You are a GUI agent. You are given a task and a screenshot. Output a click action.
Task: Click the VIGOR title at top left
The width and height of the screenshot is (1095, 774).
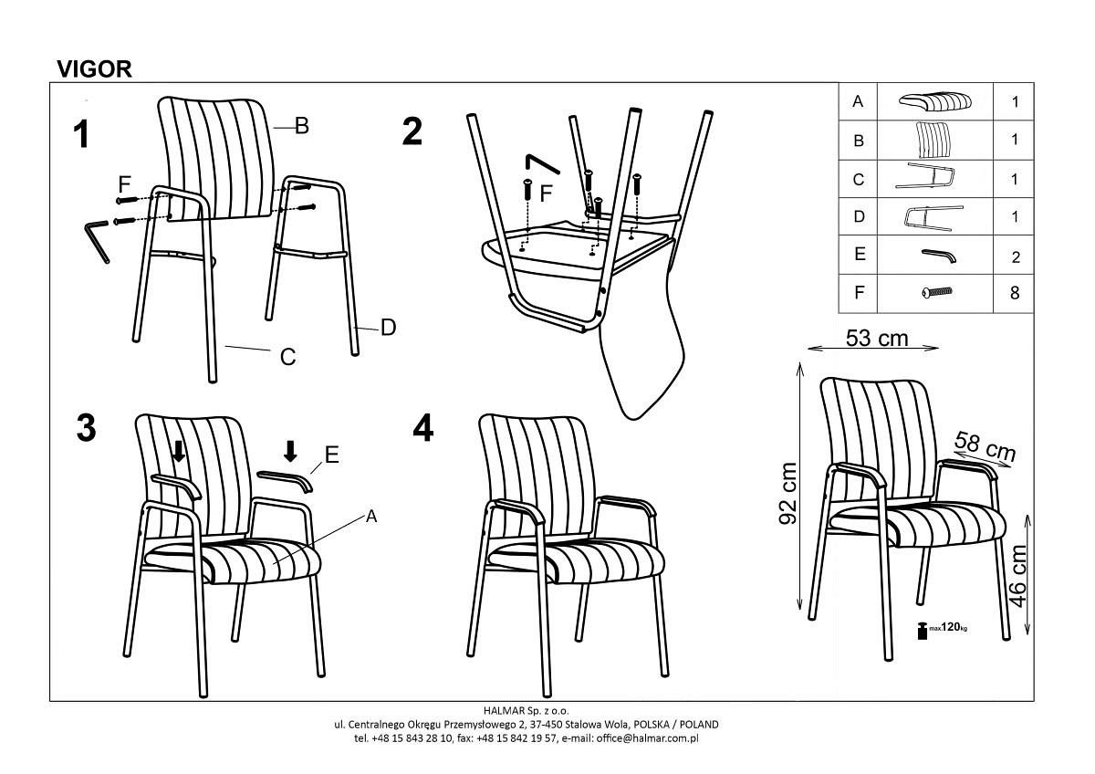(94, 69)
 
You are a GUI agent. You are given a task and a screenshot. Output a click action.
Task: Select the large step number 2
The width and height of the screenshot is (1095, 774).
(412, 131)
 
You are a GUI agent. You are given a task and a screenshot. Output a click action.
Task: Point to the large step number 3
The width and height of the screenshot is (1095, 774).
(87, 428)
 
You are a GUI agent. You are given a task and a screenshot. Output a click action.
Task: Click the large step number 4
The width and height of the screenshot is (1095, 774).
(422, 428)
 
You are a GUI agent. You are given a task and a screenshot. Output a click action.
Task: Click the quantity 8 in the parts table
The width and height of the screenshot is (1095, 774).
(1015, 293)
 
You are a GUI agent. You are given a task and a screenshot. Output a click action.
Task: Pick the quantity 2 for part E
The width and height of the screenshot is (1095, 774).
(1016, 257)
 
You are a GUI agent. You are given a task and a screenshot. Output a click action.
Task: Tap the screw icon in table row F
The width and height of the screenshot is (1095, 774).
(937, 292)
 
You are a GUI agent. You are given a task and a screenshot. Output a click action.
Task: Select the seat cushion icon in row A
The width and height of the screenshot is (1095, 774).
(935, 101)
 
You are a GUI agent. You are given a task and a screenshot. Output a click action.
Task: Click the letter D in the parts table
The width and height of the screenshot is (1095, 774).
(859, 216)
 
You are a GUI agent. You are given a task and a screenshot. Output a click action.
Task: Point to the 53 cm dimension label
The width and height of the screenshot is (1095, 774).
(877, 339)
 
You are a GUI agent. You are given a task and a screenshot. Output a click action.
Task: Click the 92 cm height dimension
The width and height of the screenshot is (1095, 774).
(787, 493)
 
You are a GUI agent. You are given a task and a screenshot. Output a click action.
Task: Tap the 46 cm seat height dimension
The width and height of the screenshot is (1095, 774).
(1017, 577)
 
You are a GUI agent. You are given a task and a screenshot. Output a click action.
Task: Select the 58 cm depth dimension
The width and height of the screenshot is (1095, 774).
(985, 446)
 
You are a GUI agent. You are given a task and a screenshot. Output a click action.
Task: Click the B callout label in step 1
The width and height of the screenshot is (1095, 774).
(302, 126)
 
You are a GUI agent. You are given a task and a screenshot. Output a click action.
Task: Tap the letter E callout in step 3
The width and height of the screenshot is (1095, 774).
(332, 455)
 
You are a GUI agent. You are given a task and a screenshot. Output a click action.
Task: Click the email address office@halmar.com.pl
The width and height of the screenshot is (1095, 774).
(647, 738)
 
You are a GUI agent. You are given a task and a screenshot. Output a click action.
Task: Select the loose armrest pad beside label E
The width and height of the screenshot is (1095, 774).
(285, 481)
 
